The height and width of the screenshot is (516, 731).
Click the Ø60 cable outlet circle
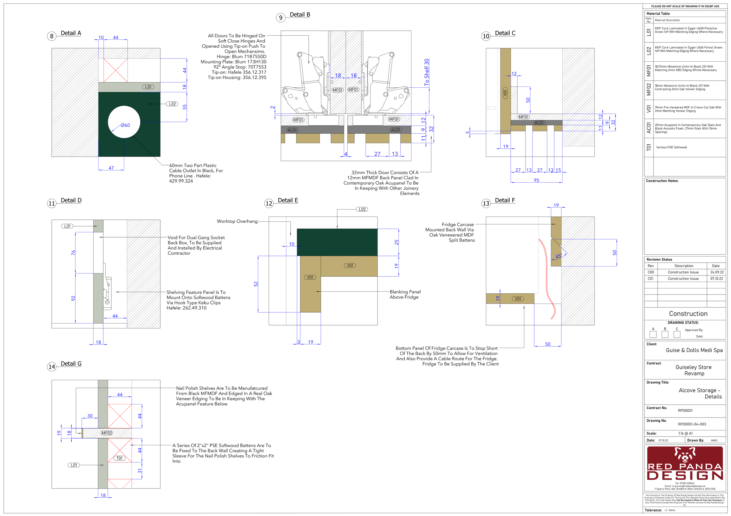tap(124, 122)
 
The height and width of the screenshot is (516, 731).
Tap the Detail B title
tap(300, 15)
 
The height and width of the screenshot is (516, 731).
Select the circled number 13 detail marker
tap(486, 204)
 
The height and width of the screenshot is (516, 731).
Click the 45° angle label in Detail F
tap(558, 256)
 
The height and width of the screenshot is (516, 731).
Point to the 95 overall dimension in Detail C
tap(537, 180)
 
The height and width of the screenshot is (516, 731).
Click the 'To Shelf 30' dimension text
tap(427, 72)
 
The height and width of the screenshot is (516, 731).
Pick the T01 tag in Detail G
tap(119, 458)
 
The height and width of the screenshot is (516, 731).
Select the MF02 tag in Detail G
tap(107, 433)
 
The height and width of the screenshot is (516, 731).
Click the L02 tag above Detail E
tap(362, 209)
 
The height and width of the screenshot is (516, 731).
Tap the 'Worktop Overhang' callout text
tap(237, 221)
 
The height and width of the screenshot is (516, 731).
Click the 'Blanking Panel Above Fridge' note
tap(405, 294)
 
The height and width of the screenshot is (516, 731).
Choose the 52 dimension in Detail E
tap(256, 284)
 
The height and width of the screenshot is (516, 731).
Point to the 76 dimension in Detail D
tap(73, 252)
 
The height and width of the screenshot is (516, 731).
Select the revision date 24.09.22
tap(717, 272)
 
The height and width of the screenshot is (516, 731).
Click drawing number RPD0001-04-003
tap(692, 424)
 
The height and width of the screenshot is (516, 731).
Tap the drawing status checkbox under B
tap(665, 334)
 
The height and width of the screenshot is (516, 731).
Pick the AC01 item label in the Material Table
tap(649, 128)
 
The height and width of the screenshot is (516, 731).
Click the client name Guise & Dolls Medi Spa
tap(694, 350)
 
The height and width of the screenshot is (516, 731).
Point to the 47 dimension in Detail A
tap(111, 168)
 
